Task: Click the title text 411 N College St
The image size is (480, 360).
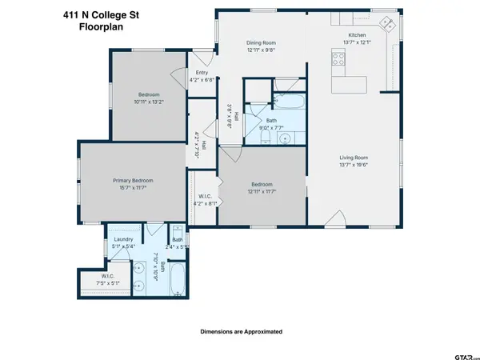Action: coord(94,13)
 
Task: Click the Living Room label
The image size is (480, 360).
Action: coord(353,158)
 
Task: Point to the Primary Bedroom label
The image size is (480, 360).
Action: coord(131,181)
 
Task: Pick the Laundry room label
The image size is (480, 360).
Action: coord(123,239)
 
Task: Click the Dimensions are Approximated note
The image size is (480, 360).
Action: coord(240,330)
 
